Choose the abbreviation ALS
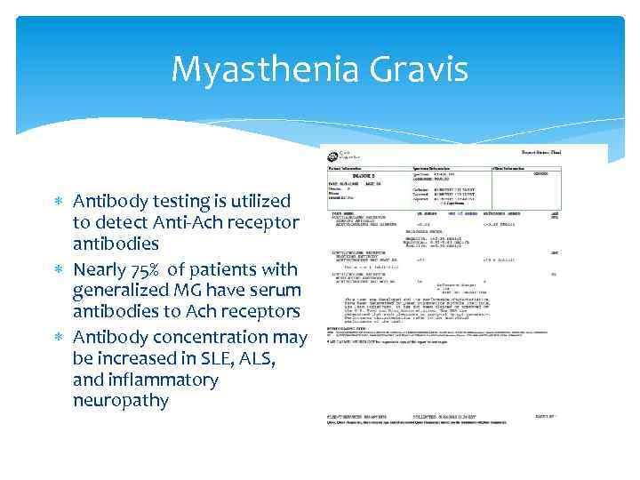pyautogui.click(x=254, y=358)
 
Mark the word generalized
pyautogui.click(x=117, y=291)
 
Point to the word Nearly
pyautogui.click(x=103, y=269)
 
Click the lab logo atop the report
pyautogui.click(x=335, y=152)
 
